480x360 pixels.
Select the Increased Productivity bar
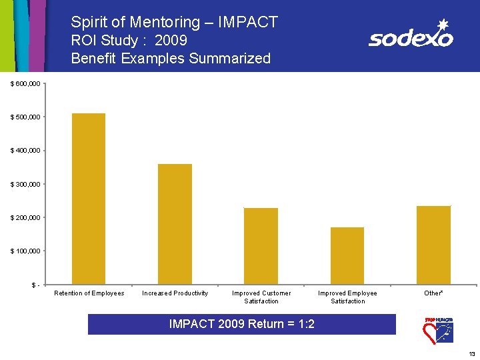point(175,224)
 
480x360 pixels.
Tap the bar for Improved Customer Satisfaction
point(261,246)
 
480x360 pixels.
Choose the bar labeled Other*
point(433,245)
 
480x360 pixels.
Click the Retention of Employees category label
point(89,293)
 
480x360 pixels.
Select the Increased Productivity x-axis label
point(175,293)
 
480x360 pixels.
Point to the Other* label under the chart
point(433,293)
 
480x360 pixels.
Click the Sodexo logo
point(411,37)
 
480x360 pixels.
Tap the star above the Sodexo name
point(442,24)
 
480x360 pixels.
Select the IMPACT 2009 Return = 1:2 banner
point(242,325)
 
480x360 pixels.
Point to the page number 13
point(471,353)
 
